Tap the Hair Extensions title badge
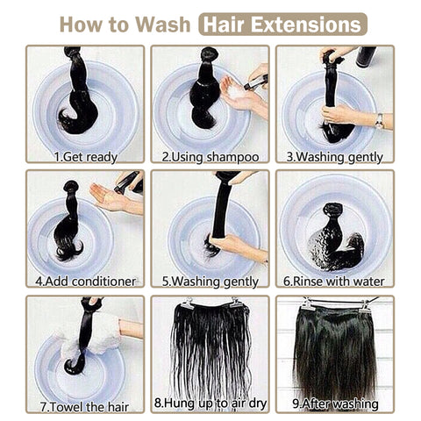click(x=282, y=25)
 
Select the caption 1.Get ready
click(x=86, y=157)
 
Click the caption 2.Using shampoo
click(x=210, y=157)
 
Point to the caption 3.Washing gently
click(x=334, y=157)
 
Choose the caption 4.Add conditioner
click(x=85, y=282)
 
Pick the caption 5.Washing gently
click(x=210, y=282)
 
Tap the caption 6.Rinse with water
click(x=334, y=282)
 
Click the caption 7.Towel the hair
click(x=85, y=407)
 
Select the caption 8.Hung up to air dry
click(x=210, y=403)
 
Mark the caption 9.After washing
click(x=335, y=404)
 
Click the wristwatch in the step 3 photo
click(x=379, y=120)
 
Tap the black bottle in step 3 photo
click(x=366, y=56)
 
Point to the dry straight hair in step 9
click(x=335, y=351)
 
